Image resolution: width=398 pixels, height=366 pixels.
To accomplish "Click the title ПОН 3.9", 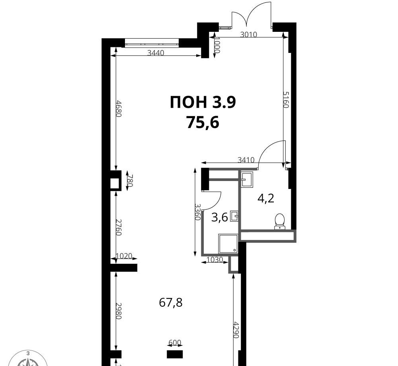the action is tap(203, 102).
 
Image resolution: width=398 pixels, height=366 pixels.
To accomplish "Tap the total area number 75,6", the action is tap(203, 123).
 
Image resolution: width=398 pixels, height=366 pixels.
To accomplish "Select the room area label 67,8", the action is tap(171, 302).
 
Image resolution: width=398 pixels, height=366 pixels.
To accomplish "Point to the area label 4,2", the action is tap(266, 198).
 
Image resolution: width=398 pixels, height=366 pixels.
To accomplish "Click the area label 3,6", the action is tap(220, 217).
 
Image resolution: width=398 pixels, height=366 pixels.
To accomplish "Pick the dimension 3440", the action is tap(156, 53).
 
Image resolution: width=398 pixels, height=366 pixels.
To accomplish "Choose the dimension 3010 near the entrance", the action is tap(249, 34).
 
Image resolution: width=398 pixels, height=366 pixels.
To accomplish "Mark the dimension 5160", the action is tap(286, 100).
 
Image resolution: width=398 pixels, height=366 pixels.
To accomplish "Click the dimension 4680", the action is tap(119, 109).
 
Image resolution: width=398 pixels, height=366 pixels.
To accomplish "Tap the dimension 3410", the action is tap(246, 160).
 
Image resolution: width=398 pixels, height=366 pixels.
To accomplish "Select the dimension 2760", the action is tap(119, 227).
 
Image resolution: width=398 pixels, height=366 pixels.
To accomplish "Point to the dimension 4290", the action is tap(236, 330).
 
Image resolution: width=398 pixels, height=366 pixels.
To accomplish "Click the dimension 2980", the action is tap(119, 311).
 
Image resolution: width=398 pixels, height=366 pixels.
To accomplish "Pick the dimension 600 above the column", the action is tap(175, 343).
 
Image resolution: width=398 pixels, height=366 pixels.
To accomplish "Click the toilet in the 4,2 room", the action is tap(279, 221).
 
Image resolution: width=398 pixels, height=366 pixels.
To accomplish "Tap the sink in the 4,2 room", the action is tap(247, 179).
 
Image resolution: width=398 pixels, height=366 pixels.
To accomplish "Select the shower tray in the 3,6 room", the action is tap(228, 244).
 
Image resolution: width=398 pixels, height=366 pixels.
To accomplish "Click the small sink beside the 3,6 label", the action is tap(234, 216).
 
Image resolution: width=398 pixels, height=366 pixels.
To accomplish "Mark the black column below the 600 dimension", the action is tap(175, 354).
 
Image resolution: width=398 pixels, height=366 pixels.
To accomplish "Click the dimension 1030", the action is tap(215, 259).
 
